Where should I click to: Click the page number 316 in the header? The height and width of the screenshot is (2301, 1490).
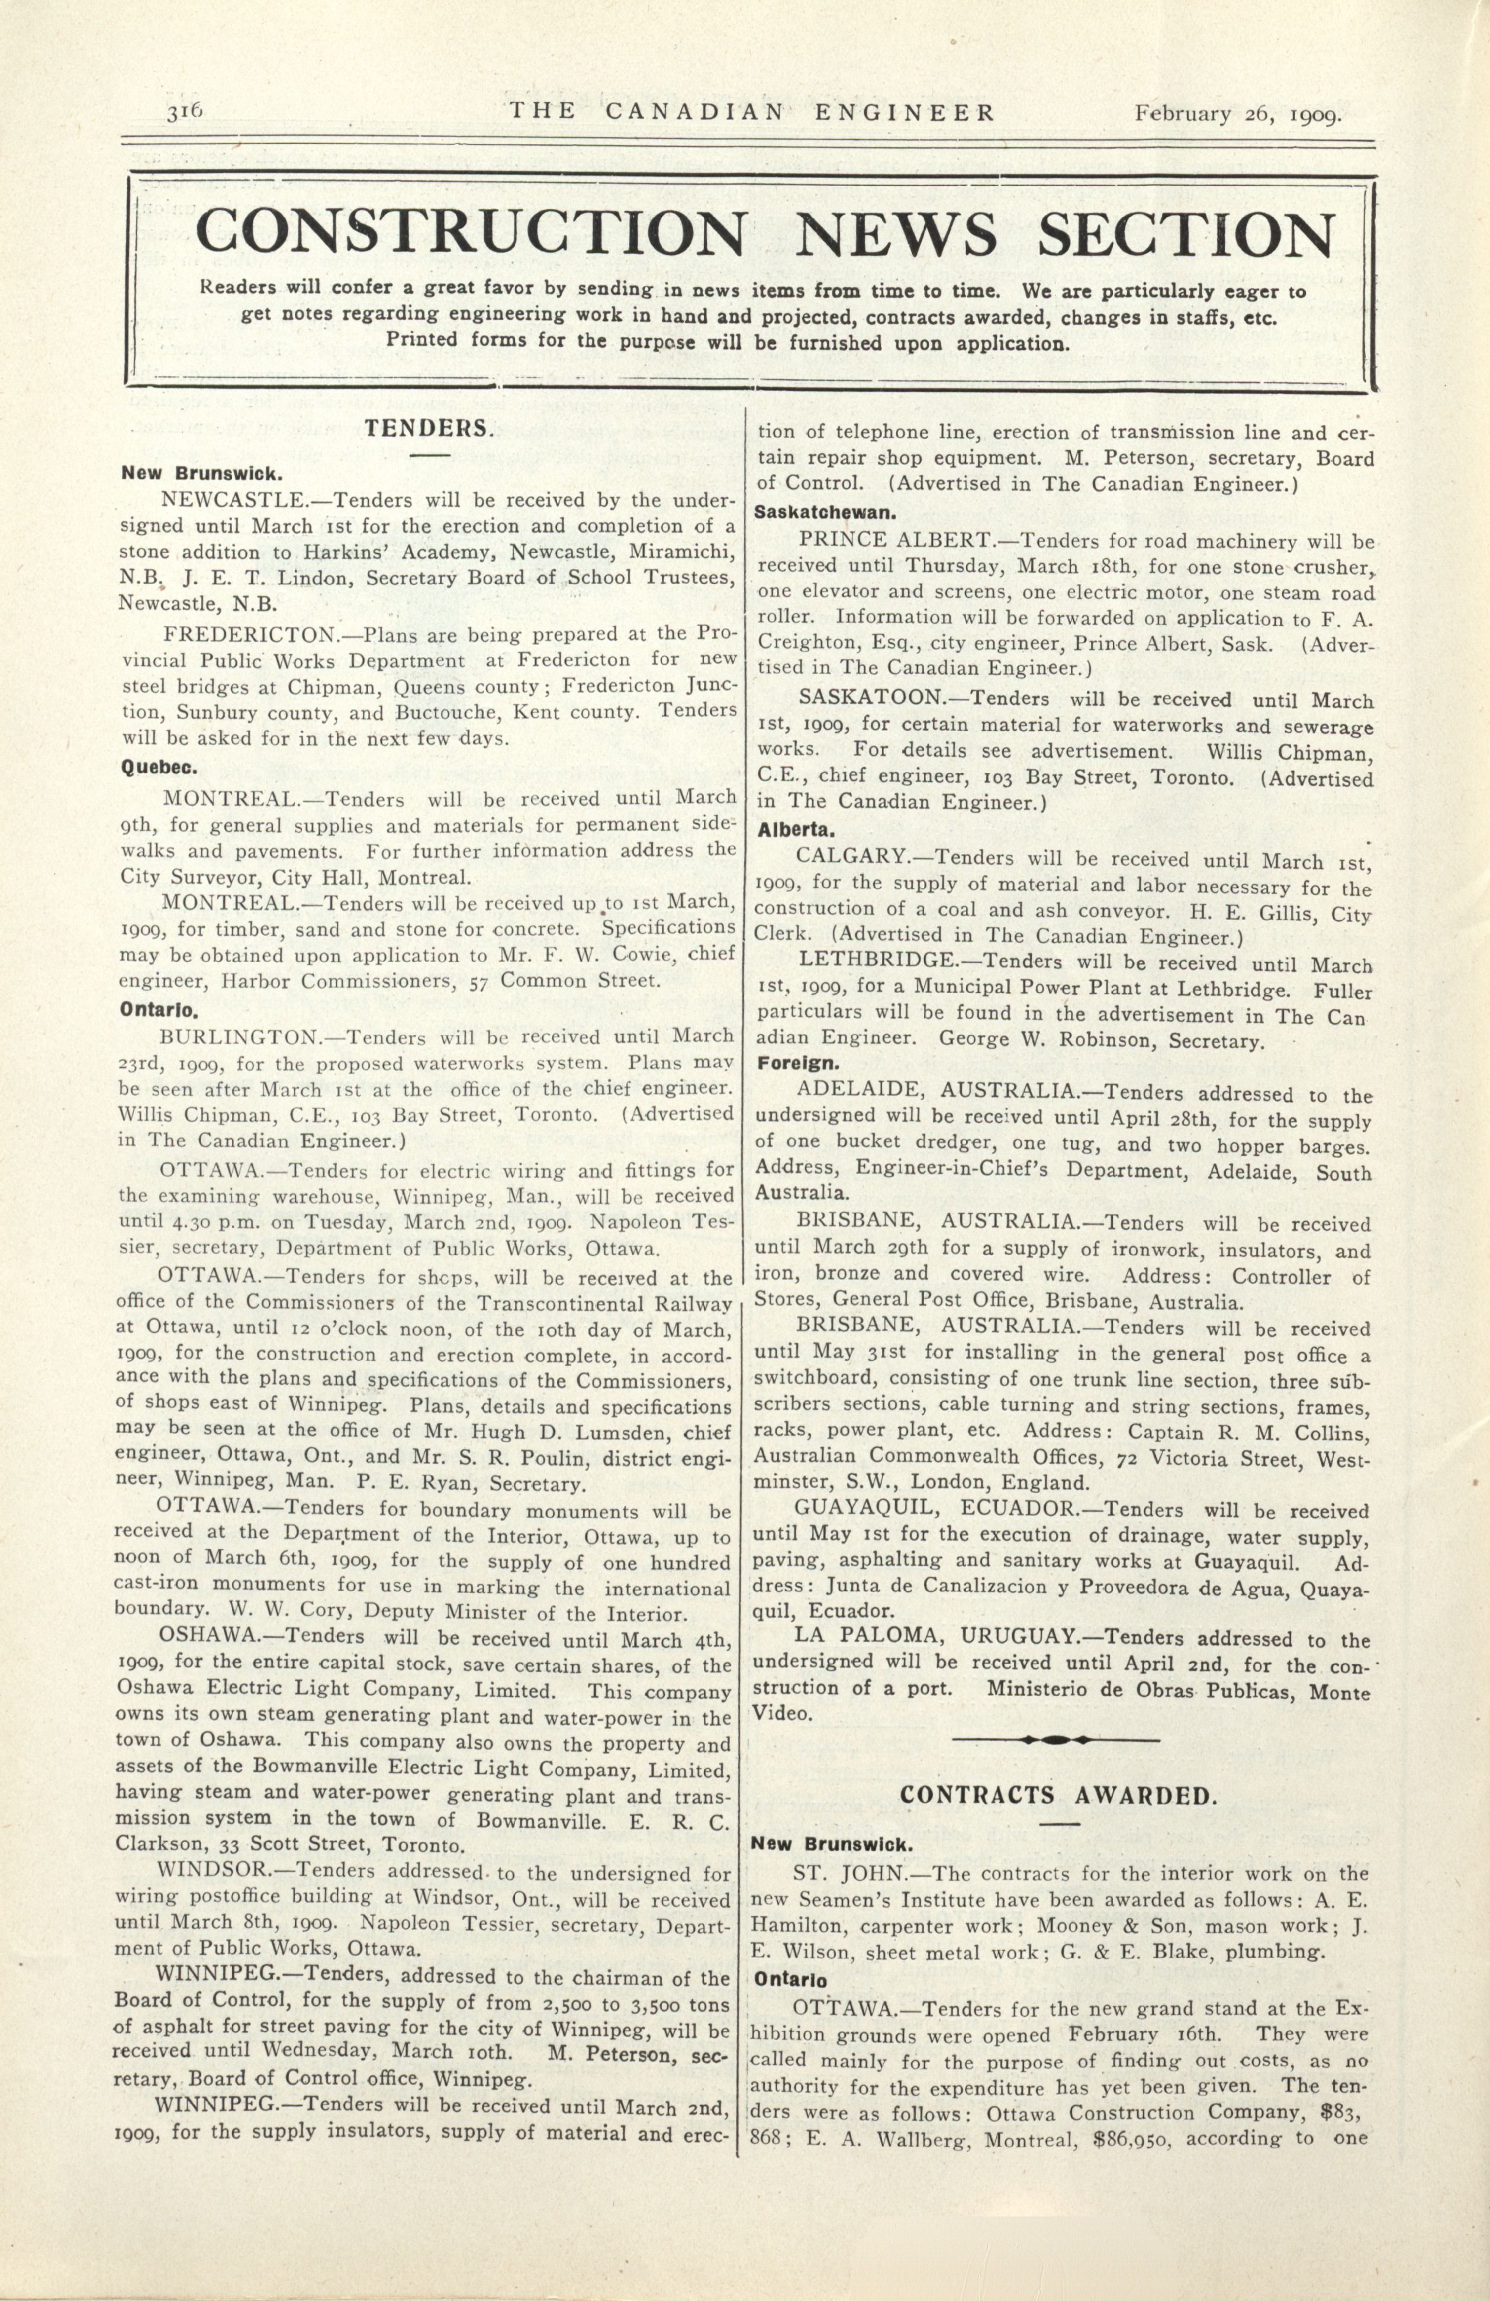pyautogui.click(x=183, y=111)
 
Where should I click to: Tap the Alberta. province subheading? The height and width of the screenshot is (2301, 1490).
pyautogui.click(x=797, y=830)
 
